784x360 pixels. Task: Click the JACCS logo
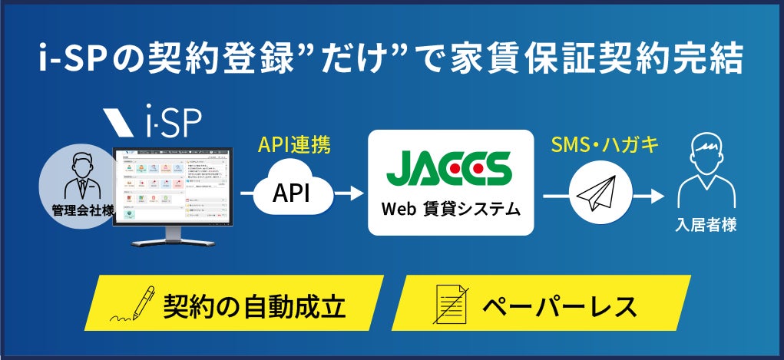coord(449,167)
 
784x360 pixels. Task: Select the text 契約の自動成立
coord(254,306)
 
